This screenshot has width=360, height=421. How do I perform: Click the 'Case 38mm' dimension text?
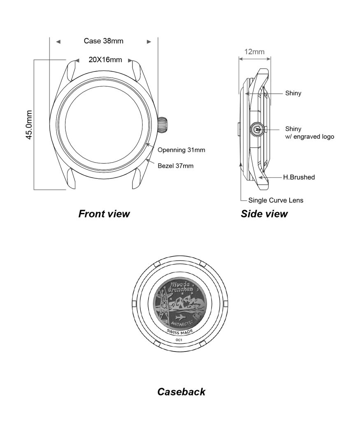[103, 41]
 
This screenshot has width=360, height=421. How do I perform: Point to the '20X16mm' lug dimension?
[105, 60]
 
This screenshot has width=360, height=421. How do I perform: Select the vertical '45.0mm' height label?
[29, 125]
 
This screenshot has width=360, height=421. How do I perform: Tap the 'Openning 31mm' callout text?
[181, 150]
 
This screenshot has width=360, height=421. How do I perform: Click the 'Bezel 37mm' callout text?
[175, 166]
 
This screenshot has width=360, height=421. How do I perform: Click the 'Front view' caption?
[104, 214]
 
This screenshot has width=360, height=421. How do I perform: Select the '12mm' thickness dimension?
[254, 52]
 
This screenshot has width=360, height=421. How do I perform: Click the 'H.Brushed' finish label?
[299, 177]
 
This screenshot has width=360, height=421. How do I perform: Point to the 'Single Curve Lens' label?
[276, 201]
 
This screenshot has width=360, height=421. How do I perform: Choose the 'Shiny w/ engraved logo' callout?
[309, 133]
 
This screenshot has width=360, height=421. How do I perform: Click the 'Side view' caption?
[264, 214]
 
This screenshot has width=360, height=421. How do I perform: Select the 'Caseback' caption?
[181, 392]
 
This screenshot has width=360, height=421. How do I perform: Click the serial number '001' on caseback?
[179, 340]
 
